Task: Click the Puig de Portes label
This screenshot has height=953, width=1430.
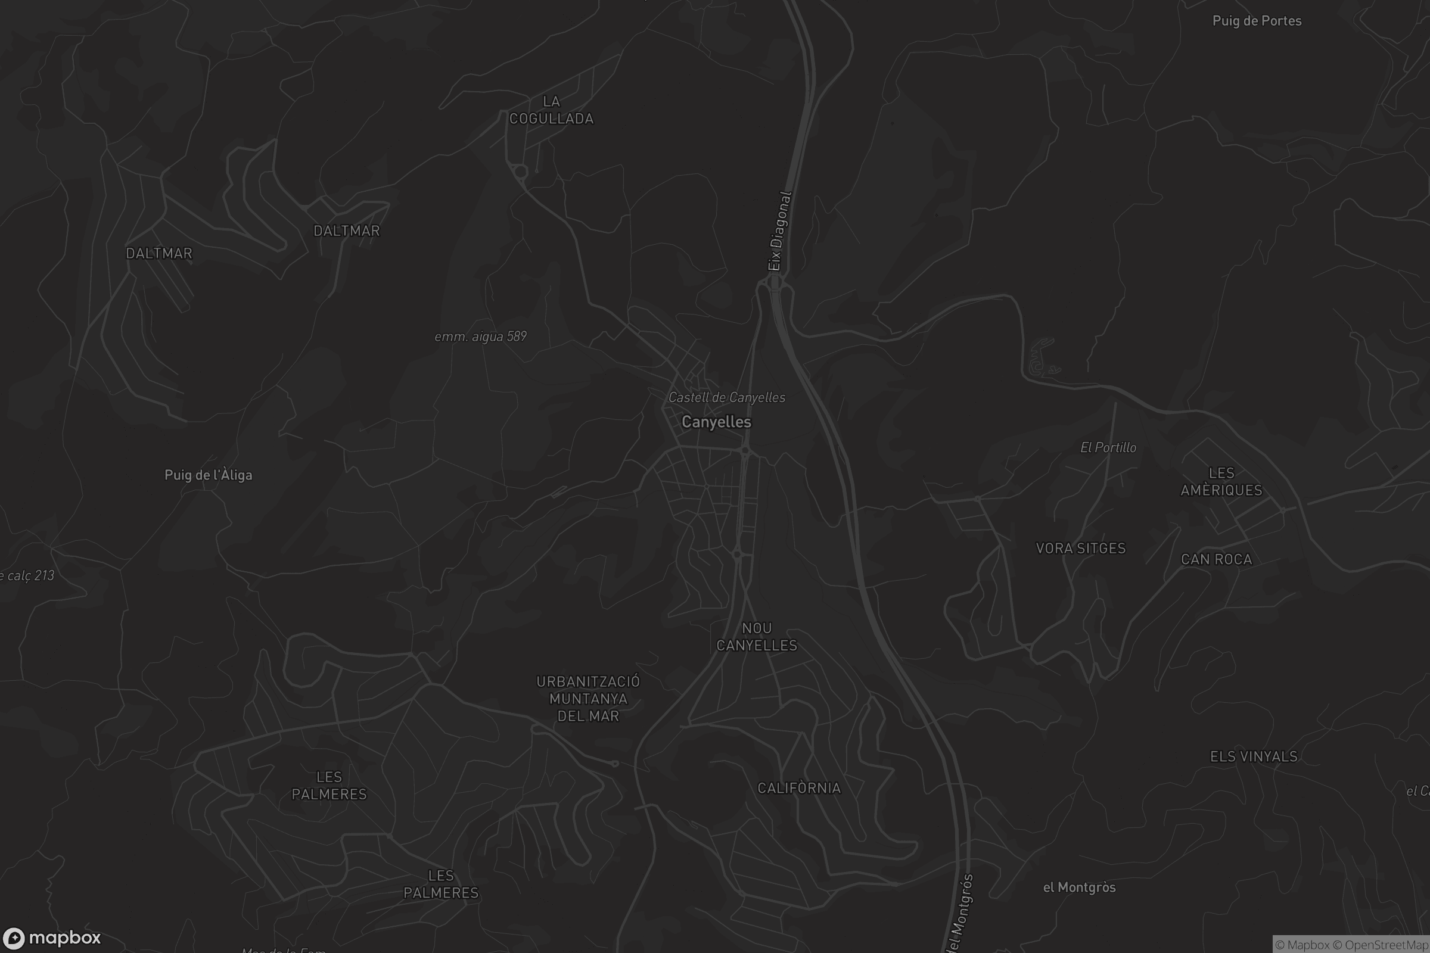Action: click(x=1256, y=21)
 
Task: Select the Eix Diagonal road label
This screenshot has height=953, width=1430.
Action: click(x=779, y=232)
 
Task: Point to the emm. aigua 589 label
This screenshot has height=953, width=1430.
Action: click(x=480, y=336)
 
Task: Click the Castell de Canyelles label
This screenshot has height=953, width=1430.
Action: click(x=726, y=397)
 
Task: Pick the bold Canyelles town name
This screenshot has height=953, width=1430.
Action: click(x=716, y=422)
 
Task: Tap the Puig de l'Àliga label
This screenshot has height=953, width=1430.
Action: click(x=208, y=475)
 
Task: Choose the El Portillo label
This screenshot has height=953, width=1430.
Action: click(x=1108, y=447)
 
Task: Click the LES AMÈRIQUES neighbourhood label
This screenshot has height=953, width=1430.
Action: click(x=1221, y=481)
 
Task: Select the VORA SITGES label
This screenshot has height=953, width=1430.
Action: click(x=1080, y=548)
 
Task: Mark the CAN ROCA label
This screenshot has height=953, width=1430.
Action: click(x=1216, y=559)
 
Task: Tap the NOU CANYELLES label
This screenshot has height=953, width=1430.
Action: click(x=756, y=636)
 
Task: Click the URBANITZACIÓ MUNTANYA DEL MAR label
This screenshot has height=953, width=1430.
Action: click(x=588, y=698)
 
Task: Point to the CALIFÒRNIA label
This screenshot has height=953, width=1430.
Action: click(x=799, y=787)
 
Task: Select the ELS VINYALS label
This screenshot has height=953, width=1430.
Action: click(x=1253, y=756)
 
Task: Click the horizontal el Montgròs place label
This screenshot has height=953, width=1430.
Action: click(x=1078, y=887)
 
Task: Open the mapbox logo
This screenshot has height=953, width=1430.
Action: click(x=51, y=938)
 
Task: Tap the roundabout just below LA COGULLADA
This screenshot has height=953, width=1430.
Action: click(x=520, y=172)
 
